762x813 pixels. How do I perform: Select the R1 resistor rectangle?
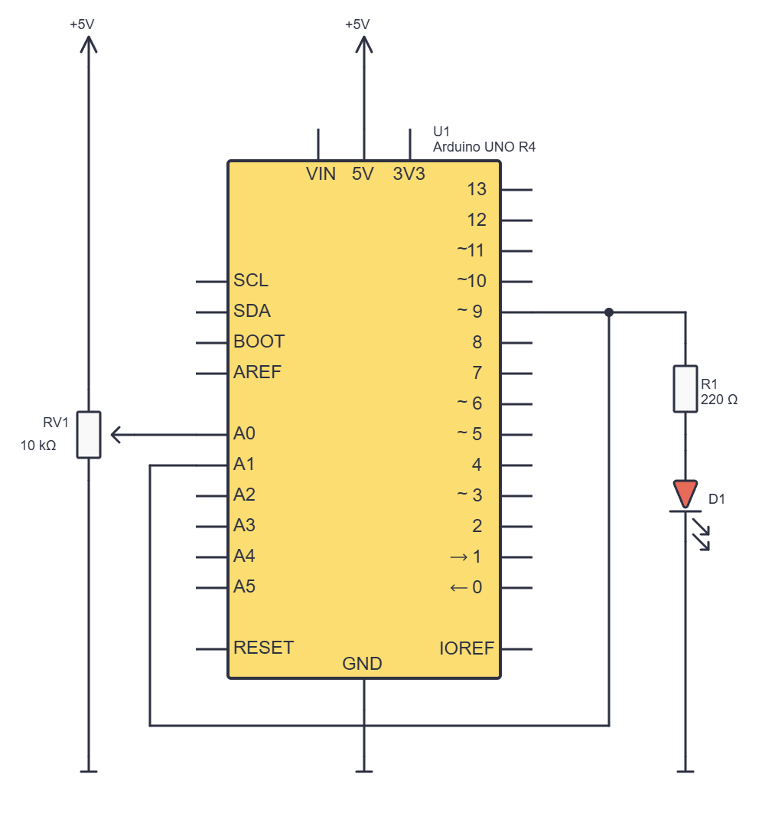[x=685, y=389]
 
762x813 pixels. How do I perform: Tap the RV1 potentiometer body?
[x=89, y=435]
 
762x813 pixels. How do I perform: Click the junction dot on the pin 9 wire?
[x=609, y=312]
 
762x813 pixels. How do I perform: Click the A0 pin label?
[x=244, y=433]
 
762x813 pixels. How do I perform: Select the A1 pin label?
[x=244, y=464]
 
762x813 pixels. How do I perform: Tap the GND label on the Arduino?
[x=362, y=663]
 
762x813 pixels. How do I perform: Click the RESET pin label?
[x=264, y=647]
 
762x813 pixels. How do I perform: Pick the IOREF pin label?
[x=466, y=648]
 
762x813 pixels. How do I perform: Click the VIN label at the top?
[x=321, y=174]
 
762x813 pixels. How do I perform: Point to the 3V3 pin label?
[x=409, y=174]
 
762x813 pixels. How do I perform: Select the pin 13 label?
[x=477, y=189]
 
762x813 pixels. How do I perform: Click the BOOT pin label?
[x=259, y=341]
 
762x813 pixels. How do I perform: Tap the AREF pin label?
[x=257, y=372]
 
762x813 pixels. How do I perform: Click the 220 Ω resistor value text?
[x=719, y=400]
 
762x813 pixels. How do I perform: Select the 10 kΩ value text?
[x=38, y=446]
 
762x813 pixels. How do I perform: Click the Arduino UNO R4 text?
[x=484, y=147]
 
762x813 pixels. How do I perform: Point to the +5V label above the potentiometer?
[x=82, y=24]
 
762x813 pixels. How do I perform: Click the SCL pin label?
[x=251, y=280]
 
